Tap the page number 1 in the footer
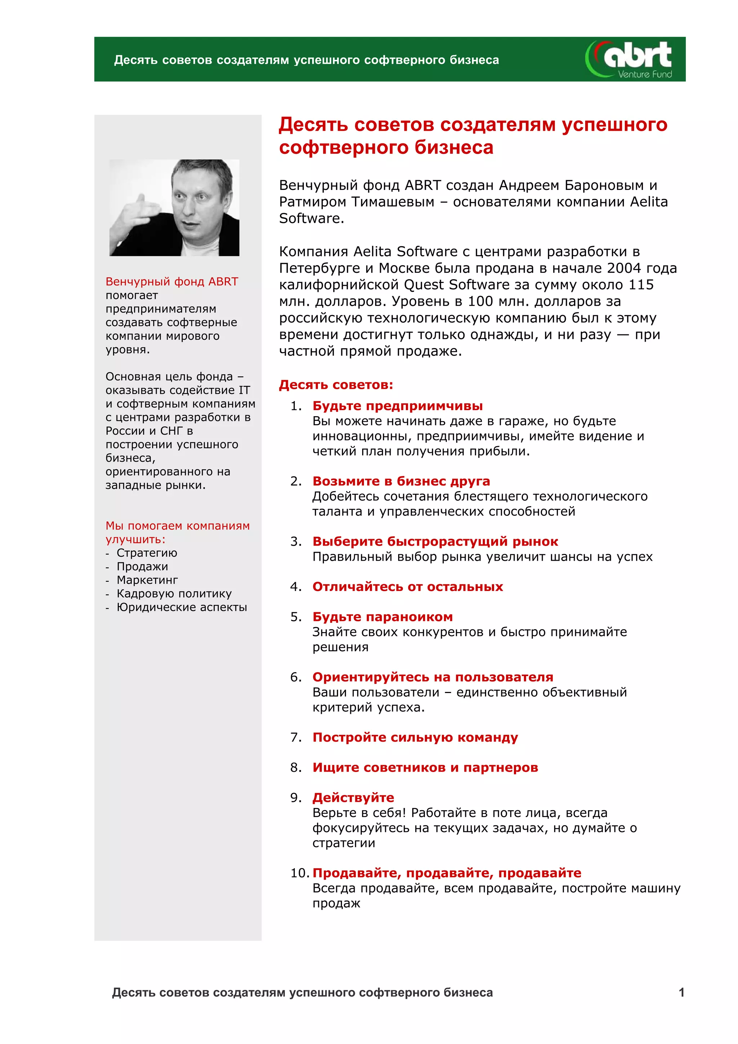point(681,992)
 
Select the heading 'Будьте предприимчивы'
point(397,405)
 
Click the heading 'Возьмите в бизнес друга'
point(401,481)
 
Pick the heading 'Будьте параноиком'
point(382,617)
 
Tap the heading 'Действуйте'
point(353,797)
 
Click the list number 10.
point(299,872)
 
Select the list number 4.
point(295,587)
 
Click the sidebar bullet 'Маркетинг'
point(147,580)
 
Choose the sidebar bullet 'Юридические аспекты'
point(181,607)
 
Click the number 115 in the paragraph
point(641,285)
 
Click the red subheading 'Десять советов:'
point(335,385)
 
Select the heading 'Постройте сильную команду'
point(415,737)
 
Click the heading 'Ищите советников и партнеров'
point(425,767)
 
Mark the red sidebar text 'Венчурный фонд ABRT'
point(172,281)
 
